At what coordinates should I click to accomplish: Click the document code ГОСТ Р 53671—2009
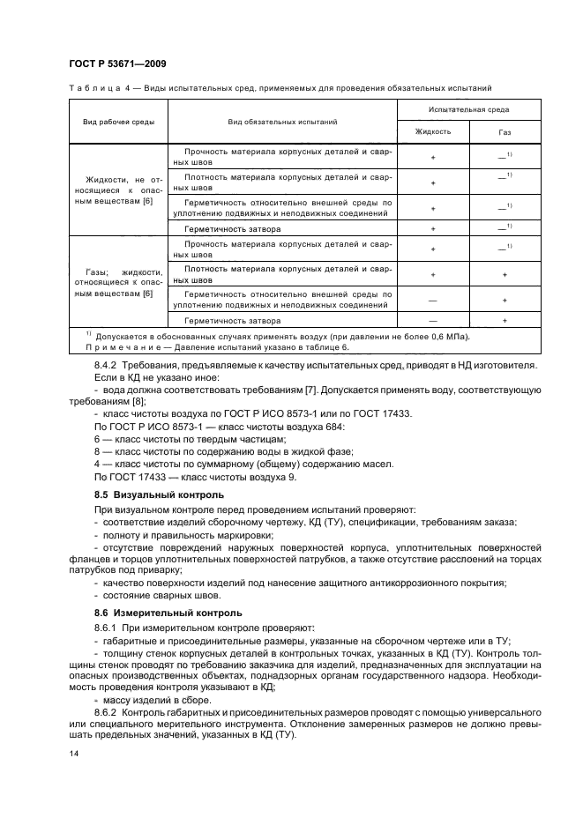116,64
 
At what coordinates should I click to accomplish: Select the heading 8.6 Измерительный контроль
166,612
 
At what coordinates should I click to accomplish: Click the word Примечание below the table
114,347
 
